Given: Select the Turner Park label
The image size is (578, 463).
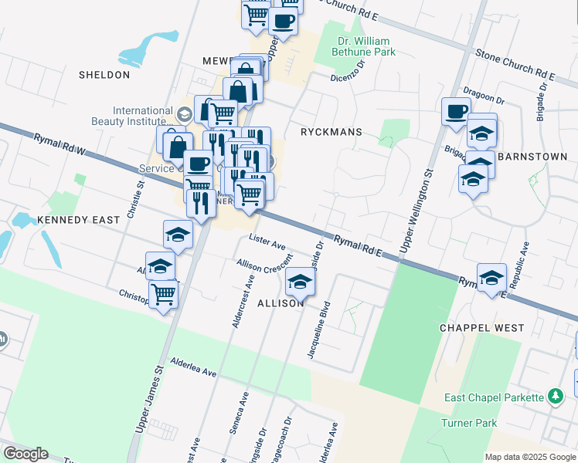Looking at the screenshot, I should pos(469,424).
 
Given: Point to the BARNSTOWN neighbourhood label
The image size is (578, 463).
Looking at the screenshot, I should pos(532,156).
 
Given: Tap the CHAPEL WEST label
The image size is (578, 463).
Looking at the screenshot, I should pos(481,328).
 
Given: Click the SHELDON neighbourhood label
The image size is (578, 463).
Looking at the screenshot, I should pos(104,75).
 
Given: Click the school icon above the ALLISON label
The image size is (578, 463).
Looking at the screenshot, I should pos(300,283).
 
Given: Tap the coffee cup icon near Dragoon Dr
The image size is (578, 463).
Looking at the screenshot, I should pos(456,111).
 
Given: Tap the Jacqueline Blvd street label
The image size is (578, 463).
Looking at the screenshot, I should pos(319,330).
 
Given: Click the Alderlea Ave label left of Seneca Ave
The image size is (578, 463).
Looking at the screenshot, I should pos(193,367).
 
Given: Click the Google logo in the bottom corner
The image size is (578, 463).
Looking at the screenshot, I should pos(25,454).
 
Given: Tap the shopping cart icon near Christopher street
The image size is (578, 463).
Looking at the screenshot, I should pos(163,293).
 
